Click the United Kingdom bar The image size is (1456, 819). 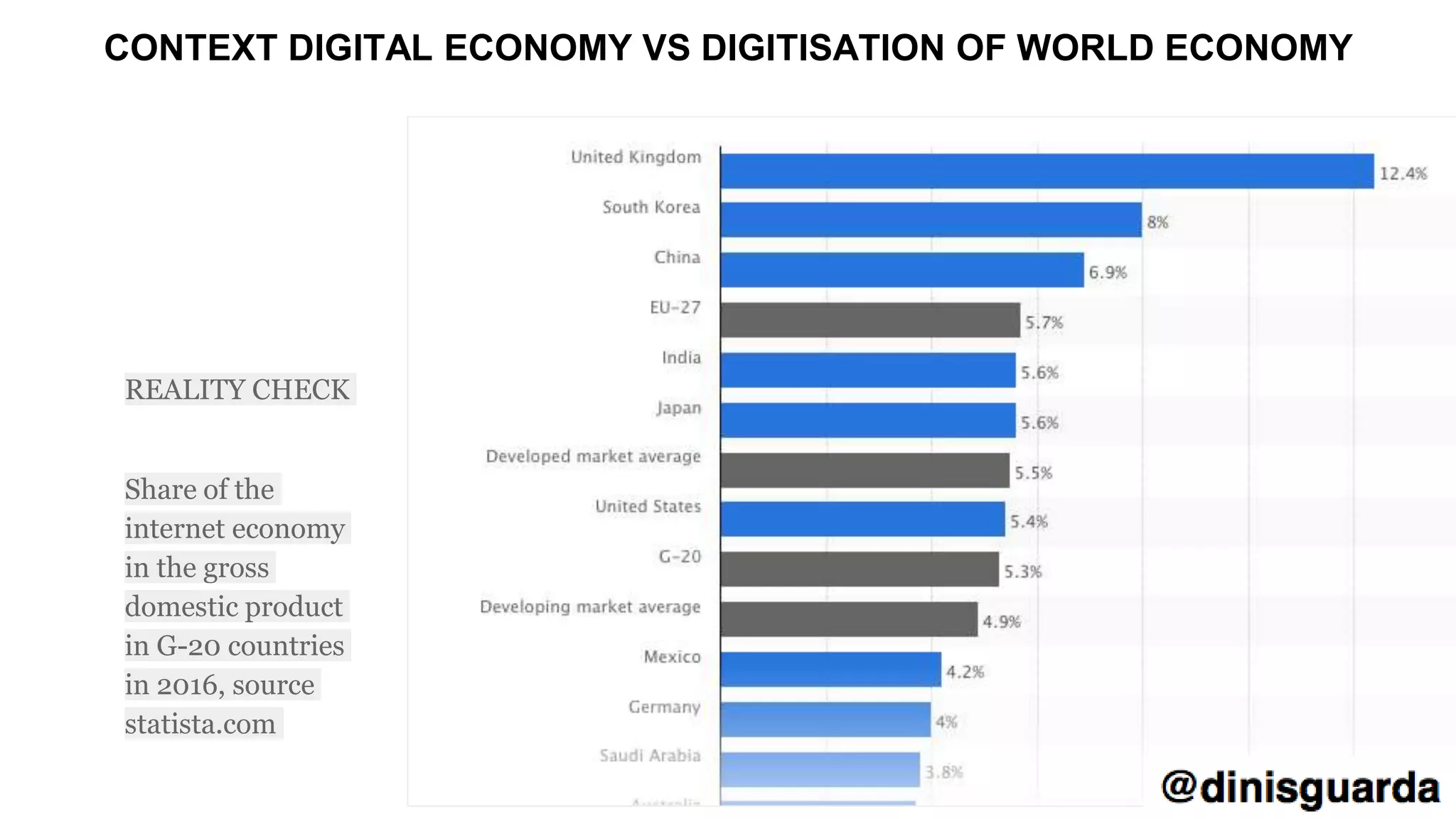click(x=1046, y=171)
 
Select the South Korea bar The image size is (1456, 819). click(x=931, y=220)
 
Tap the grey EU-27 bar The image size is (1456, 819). click(x=869, y=320)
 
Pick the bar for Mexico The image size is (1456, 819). click(x=830, y=670)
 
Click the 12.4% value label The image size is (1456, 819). click(x=1403, y=173)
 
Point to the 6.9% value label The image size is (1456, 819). click(x=1108, y=272)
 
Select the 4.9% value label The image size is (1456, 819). click(x=1001, y=622)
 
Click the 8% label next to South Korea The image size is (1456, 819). click(x=1157, y=223)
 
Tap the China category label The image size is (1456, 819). click(x=677, y=257)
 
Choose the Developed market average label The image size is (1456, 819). click(x=593, y=456)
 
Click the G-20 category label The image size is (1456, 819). click(x=680, y=557)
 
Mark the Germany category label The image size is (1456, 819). click(x=664, y=707)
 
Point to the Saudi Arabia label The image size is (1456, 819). click(x=650, y=756)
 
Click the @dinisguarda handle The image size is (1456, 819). click(x=1300, y=788)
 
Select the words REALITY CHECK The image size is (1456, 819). click(x=237, y=390)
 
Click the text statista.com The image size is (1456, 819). click(x=200, y=724)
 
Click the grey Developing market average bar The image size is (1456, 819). click(x=848, y=619)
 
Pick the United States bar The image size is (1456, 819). click(x=862, y=520)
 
